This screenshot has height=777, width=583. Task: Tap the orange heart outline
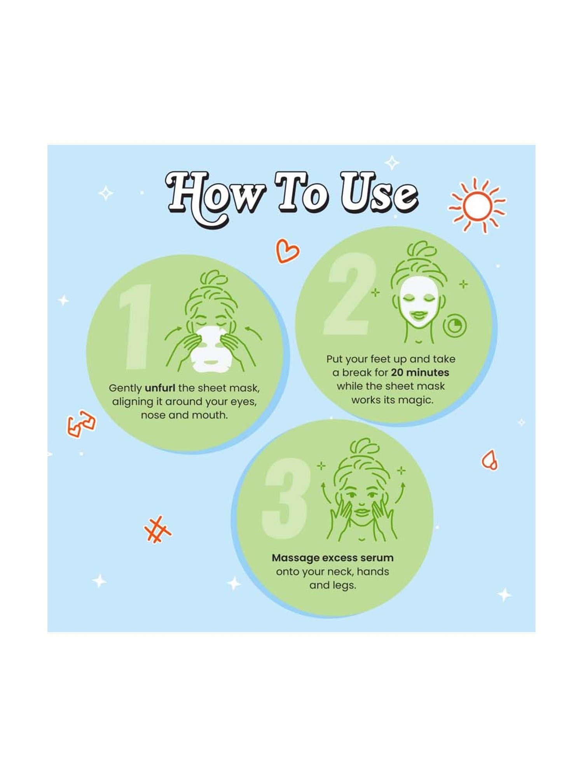pyautogui.click(x=287, y=251)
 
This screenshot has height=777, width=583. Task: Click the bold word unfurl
pyautogui.click(x=160, y=388)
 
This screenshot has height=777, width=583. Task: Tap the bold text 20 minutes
pyautogui.click(x=420, y=373)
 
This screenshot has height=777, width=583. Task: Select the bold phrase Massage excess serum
pyautogui.click(x=333, y=558)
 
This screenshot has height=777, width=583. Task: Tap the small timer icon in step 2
pyautogui.click(x=456, y=326)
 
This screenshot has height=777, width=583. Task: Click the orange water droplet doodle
pyautogui.click(x=490, y=460)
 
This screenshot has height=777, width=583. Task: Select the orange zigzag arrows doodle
pyautogui.click(x=81, y=423)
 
